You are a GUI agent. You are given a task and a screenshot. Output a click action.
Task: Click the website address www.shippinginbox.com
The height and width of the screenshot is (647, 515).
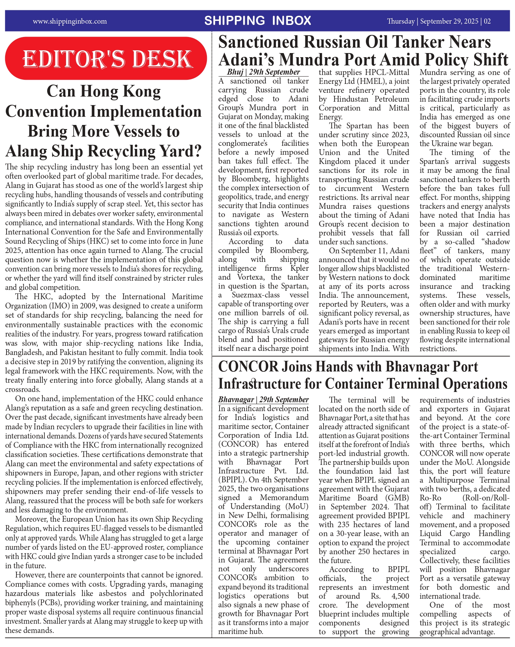[x=70, y=21]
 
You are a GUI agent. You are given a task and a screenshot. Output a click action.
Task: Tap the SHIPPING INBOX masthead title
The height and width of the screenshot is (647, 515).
[x=258, y=21]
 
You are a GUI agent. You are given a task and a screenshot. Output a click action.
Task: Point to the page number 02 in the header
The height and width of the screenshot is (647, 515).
[x=487, y=21]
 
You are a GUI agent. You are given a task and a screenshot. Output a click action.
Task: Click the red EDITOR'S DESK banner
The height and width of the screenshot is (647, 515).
[x=106, y=59]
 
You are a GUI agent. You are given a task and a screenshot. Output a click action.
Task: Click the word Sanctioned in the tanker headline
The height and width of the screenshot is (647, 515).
[x=259, y=42]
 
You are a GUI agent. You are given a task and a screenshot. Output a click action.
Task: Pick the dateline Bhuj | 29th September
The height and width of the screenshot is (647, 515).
[x=263, y=72]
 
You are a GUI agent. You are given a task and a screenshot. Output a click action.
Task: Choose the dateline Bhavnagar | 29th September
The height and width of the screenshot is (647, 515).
[x=263, y=399]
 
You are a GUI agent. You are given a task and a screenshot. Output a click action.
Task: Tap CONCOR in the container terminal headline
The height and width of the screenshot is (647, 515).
[x=248, y=367]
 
